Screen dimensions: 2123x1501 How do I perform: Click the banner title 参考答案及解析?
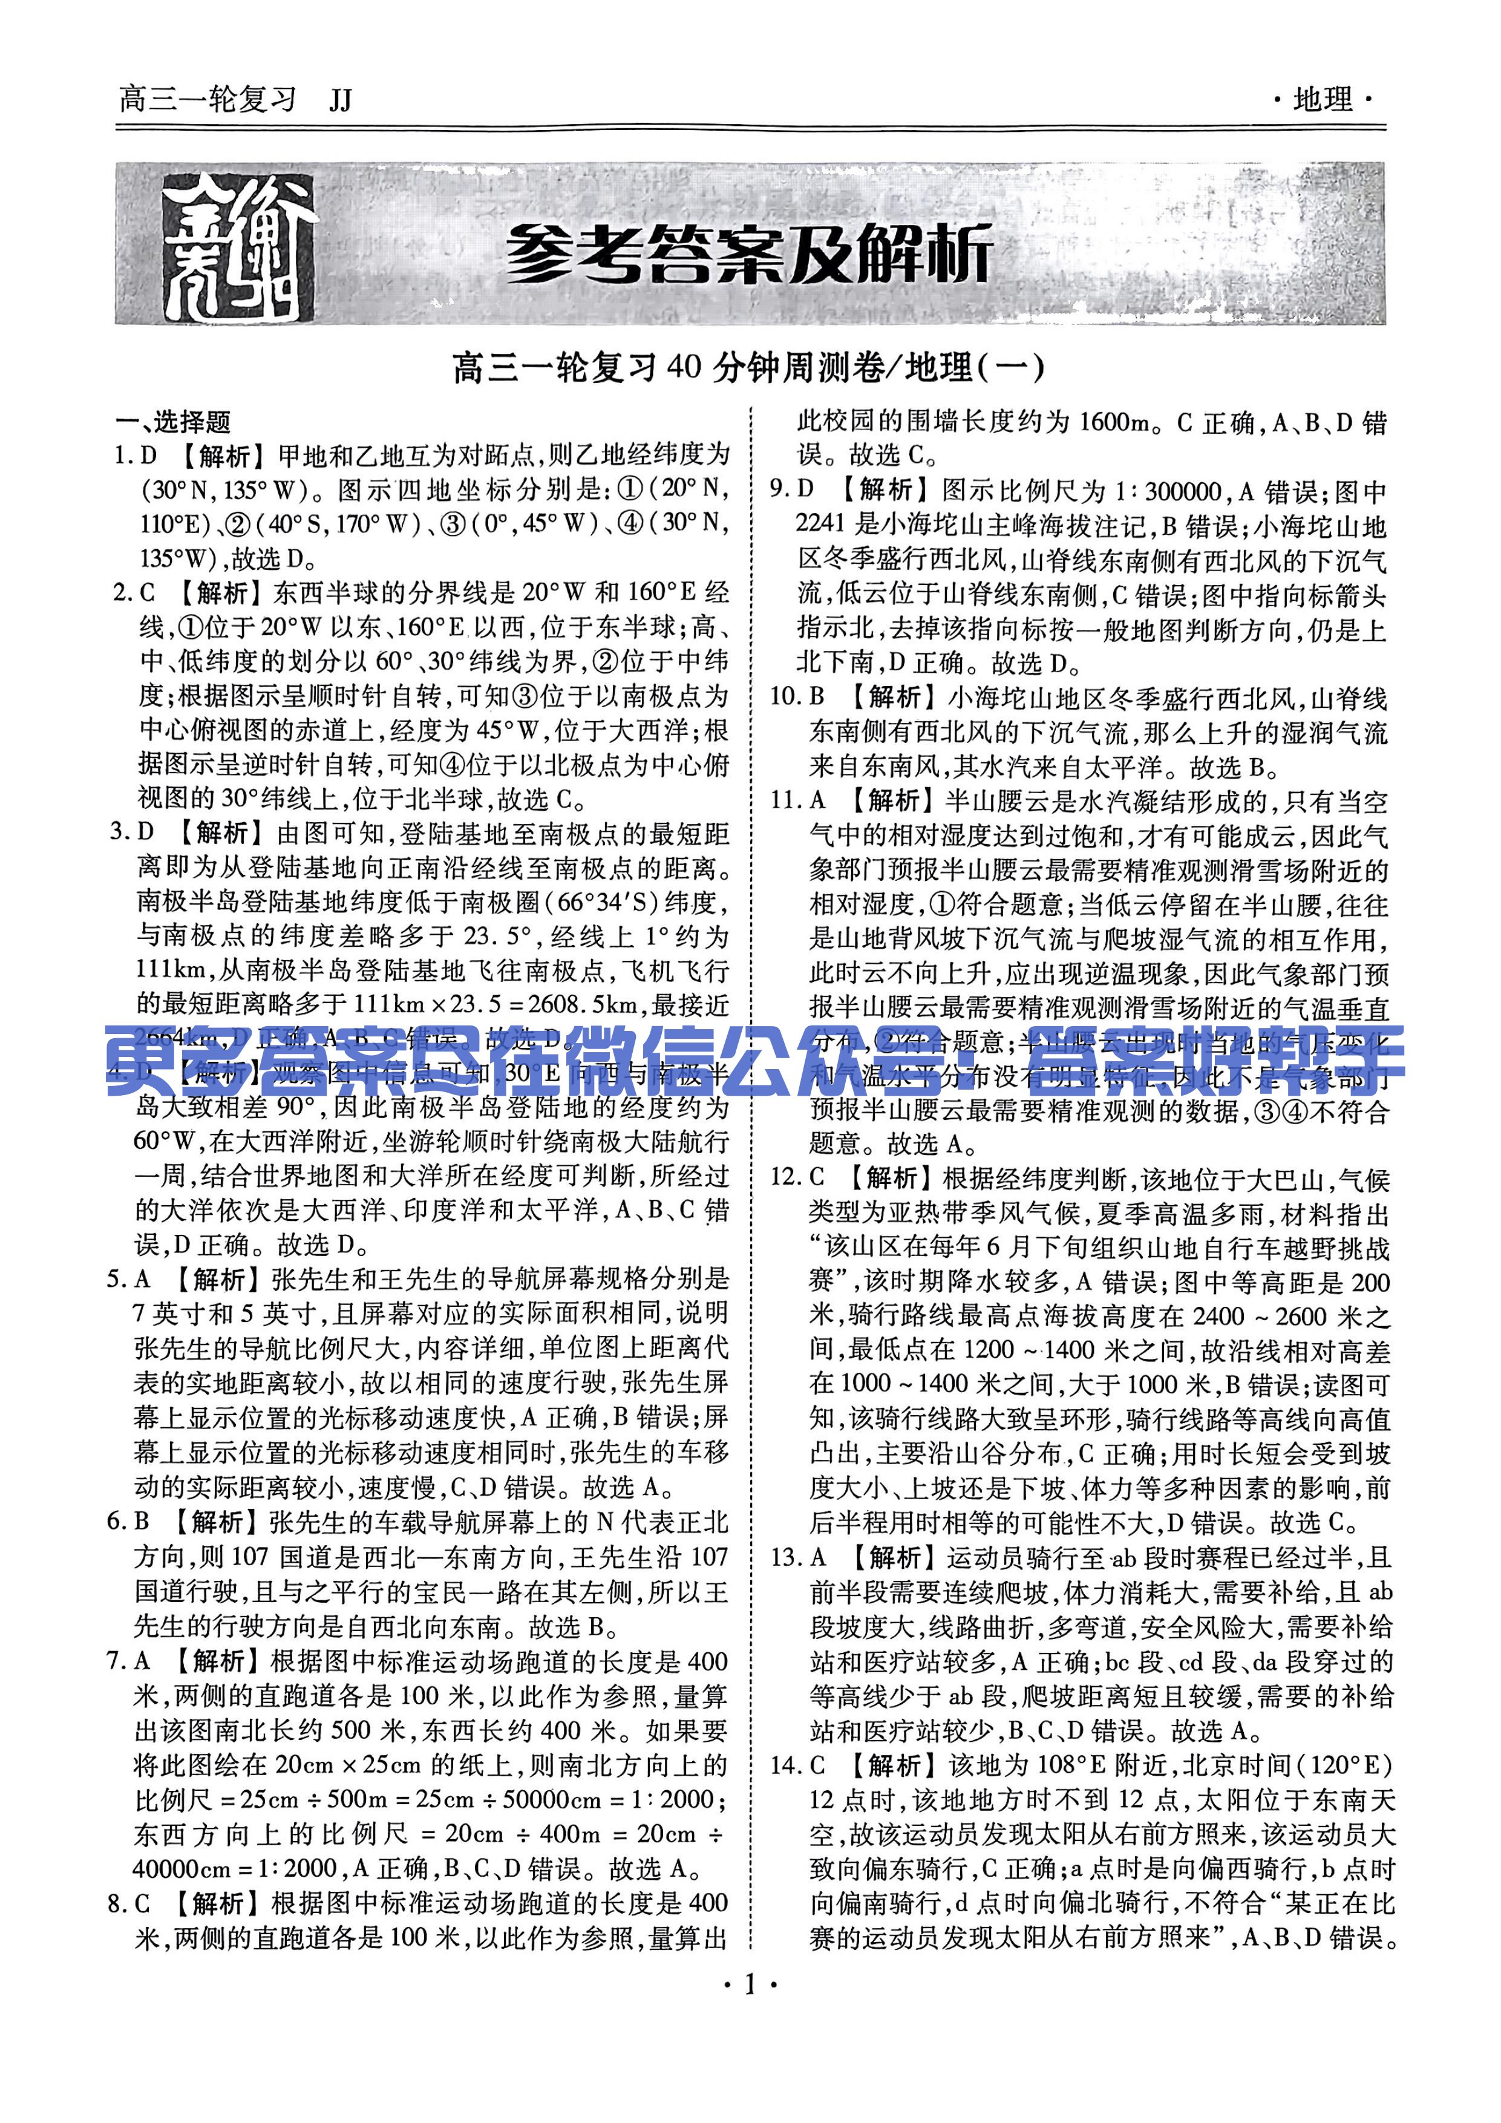click(749, 252)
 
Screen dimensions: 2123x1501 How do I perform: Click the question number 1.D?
click(135, 456)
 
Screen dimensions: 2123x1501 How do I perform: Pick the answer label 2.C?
click(134, 593)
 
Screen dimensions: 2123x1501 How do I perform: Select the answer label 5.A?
click(128, 1280)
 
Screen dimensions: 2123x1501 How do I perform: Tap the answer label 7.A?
click(128, 1661)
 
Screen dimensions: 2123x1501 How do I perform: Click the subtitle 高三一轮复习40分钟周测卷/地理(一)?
click(749, 368)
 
